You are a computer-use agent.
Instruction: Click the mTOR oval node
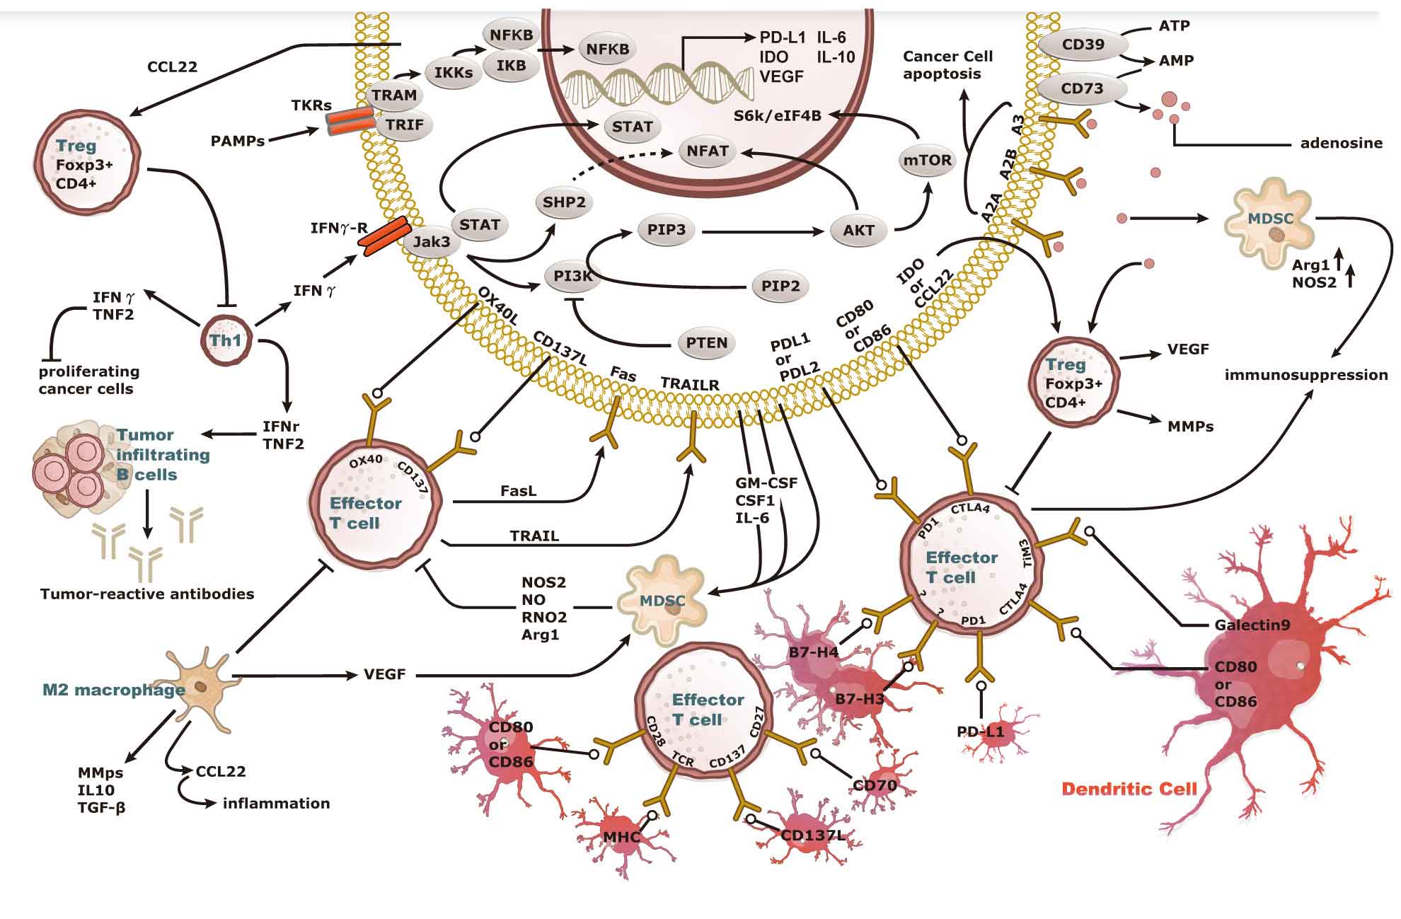pyautogui.click(x=927, y=160)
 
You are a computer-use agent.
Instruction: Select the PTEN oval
pyautogui.click(x=706, y=343)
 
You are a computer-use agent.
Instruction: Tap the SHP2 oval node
pyautogui.click(x=564, y=202)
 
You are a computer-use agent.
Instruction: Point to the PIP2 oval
pyautogui.click(x=780, y=286)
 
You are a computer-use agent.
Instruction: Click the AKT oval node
pyautogui.click(x=858, y=230)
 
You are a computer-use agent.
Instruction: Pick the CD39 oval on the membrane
pyautogui.click(x=1083, y=45)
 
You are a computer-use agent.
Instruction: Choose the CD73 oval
pyautogui.click(x=1082, y=89)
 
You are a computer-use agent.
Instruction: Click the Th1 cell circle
pyautogui.click(x=226, y=340)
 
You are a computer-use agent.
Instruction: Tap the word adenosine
pyautogui.click(x=1341, y=143)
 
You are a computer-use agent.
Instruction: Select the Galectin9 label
pyautogui.click(x=1252, y=625)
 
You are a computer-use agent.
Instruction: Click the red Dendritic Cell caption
pyautogui.click(x=1129, y=789)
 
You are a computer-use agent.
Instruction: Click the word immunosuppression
pyautogui.click(x=1305, y=375)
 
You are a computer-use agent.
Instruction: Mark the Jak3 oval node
pyautogui.click(x=431, y=242)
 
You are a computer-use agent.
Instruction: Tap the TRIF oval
pyautogui.click(x=404, y=125)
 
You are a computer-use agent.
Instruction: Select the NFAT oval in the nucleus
pyautogui.click(x=707, y=151)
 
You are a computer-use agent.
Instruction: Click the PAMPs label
pyautogui.click(x=237, y=141)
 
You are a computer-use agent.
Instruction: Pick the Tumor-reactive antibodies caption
pyautogui.click(x=147, y=594)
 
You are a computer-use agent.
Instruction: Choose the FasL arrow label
pyautogui.click(x=518, y=490)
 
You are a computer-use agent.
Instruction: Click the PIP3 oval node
pyautogui.click(x=666, y=230)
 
